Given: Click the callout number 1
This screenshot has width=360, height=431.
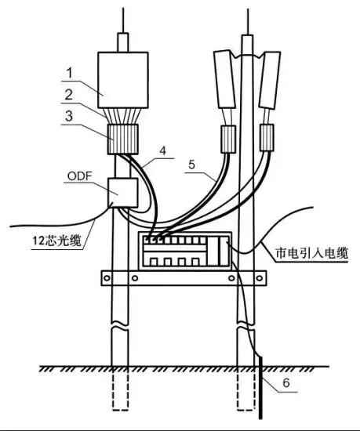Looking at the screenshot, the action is (69, 73).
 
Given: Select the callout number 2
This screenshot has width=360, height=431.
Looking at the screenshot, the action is (69, 95).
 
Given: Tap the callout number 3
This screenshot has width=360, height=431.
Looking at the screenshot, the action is (69, 116).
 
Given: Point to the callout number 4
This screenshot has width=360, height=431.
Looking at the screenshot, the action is (163, 150).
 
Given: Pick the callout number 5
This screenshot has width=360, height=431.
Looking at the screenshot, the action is (191, 165).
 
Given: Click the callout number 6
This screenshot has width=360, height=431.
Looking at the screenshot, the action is (286, 382).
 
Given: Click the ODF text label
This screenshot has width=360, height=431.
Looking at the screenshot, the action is (79, 176).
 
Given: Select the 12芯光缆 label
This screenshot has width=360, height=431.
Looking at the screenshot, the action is (57, 241).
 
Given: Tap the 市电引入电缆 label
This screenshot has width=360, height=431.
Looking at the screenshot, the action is (312, 253).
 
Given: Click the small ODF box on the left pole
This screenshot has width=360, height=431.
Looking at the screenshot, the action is (122, 193).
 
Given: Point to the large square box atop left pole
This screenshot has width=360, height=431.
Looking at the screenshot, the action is (123, 80).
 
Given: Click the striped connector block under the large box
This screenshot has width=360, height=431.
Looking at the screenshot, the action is (122, 139).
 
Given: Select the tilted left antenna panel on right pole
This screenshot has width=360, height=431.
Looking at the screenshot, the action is (224, 79).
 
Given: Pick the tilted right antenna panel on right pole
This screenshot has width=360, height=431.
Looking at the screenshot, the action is (270, 80).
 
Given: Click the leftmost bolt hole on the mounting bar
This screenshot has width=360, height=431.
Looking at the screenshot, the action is (107, 278).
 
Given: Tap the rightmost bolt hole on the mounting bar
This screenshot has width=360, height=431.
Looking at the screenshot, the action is (260, 278).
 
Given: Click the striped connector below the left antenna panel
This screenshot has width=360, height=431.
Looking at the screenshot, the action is (228, 139).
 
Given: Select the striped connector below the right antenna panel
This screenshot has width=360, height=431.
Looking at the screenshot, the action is (267, 137).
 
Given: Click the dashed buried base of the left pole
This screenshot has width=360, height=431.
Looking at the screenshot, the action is (120, 389).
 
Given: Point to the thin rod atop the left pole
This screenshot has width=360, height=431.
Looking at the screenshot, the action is (123, 20).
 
